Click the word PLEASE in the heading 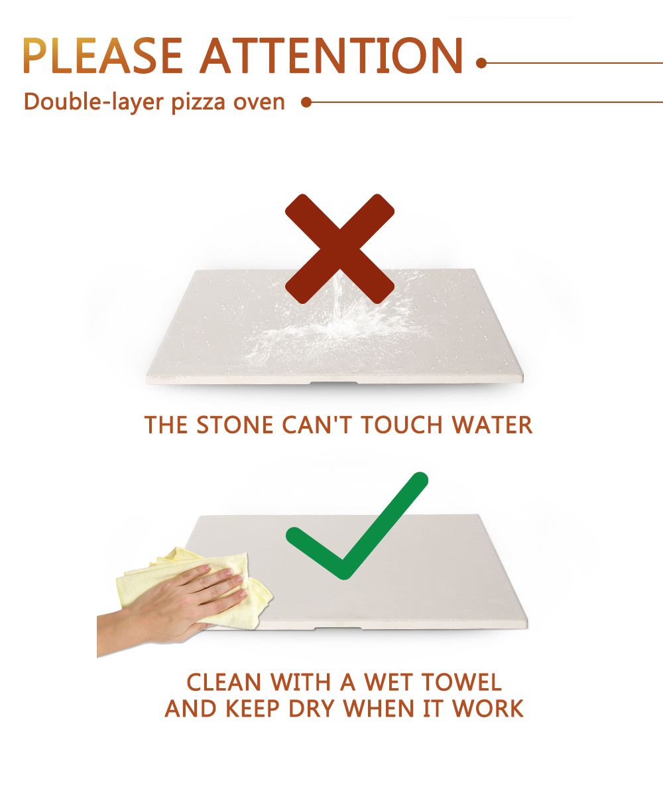click(x=103, y=56)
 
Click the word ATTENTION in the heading click(x=331, y=56)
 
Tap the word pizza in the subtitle click(x=198, y=102)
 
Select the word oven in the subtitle click(x=259, y=102)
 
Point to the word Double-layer click(x=93, y=102)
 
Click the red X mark click(x=339, y=249)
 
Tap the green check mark click(x=357, y=526)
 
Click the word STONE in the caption click(x=235, y=425)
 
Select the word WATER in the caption click(x=492, y=425)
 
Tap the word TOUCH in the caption click(x=402, y=425)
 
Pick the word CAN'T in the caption click(x=317, y=425)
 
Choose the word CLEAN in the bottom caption click(x=224, y=683)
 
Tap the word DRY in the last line click(x=311, y=709)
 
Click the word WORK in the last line click(x=487, y=709)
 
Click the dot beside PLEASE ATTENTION click(x=481, y=63)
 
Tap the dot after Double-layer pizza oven click(x=306, y=102)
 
